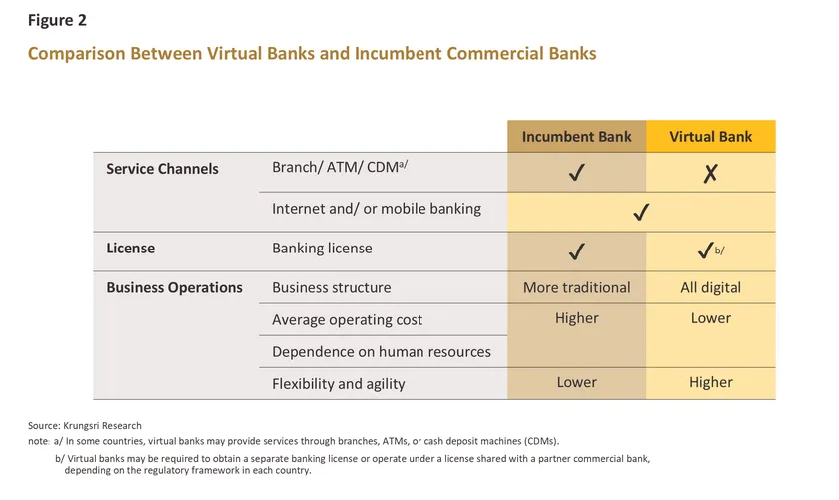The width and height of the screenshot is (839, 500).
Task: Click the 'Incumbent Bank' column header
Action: (576, 136)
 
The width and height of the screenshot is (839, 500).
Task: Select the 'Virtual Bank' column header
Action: (710, 136)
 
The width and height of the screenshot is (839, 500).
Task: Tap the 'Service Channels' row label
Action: (162, 168)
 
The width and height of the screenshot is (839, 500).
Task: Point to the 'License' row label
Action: (131, 248)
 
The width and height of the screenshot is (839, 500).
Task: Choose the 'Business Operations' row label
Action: (174, 287)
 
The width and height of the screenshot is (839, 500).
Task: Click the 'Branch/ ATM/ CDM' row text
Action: (338, 167)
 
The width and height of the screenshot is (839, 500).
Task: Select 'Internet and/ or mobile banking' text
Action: (377, 209)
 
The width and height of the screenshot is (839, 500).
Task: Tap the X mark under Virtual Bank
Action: (710, 174)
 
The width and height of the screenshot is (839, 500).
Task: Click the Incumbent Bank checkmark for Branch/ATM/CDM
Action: (576, 174)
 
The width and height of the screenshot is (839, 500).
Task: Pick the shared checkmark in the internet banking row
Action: (642, 212)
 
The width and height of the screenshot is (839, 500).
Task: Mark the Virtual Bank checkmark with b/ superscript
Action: (706, 250)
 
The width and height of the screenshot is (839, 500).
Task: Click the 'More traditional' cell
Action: (576, 287)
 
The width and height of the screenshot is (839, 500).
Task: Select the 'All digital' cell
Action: (710, 287)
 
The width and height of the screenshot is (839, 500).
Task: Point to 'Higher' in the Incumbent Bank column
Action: (576, 318)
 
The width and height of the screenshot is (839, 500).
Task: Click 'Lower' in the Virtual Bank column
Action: (710, 318)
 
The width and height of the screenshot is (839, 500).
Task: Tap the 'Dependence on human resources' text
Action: (382, 351)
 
